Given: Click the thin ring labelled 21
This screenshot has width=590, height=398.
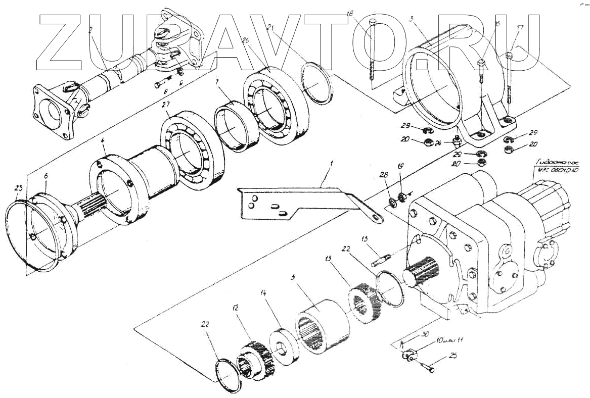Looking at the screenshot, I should [317, 82].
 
